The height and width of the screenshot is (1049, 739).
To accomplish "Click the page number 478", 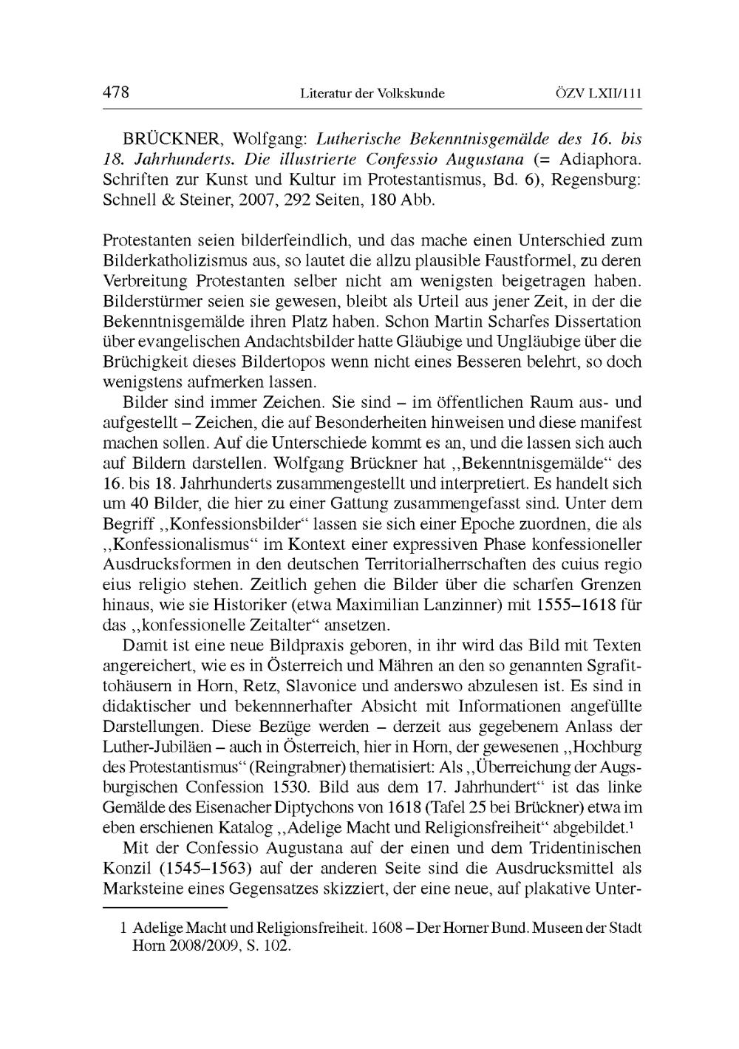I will coord(116,92).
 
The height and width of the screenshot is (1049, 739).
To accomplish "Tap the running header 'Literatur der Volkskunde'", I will coord(372,94).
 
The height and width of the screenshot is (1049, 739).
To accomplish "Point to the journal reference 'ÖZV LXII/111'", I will coord(598,94).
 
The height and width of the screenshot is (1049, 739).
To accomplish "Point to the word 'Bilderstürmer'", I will coord(145,302).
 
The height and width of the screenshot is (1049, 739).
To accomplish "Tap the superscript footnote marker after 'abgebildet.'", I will coord(634,823).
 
